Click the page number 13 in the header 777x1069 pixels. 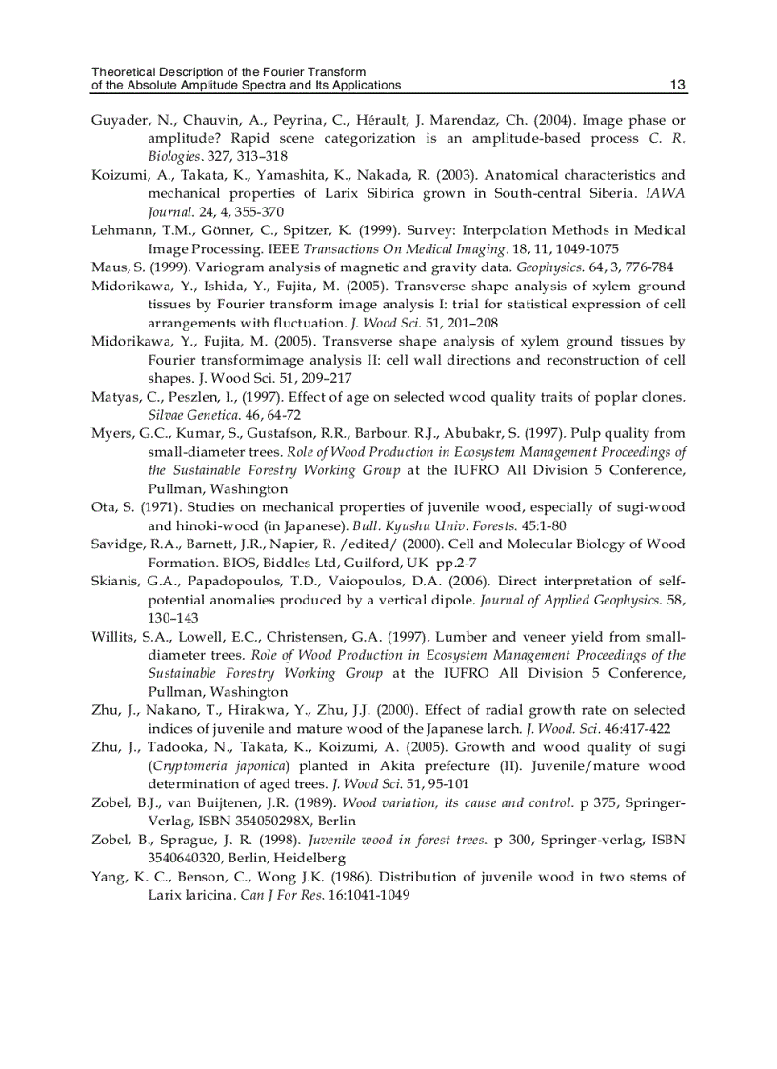pos(678,85)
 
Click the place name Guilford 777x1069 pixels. pos(344,563)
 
